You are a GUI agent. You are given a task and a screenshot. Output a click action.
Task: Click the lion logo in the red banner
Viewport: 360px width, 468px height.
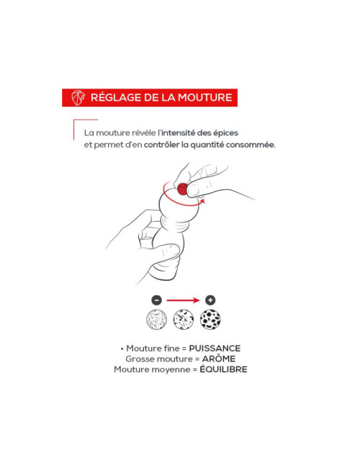78,98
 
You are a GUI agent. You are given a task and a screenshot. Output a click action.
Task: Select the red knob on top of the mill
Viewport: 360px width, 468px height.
182,189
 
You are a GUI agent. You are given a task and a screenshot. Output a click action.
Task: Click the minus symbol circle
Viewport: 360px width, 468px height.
157,300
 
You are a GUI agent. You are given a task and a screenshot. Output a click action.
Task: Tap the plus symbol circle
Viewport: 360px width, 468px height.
210,300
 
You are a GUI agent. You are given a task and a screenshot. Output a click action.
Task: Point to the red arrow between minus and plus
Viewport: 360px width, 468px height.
183,300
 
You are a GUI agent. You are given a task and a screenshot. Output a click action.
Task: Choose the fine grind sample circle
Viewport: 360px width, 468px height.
156,320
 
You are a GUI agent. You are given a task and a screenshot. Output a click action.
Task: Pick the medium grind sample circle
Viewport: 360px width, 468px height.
184,320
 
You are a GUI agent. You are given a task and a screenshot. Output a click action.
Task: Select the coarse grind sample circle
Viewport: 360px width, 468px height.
210,320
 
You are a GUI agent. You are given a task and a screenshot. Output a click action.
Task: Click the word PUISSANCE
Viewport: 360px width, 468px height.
215,348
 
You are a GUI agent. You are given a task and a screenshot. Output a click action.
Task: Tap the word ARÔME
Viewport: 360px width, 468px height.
219,359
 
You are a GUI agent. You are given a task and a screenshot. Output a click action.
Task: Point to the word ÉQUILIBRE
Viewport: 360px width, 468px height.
224,369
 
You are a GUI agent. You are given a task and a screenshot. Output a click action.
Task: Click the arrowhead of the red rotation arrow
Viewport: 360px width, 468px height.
203,201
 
